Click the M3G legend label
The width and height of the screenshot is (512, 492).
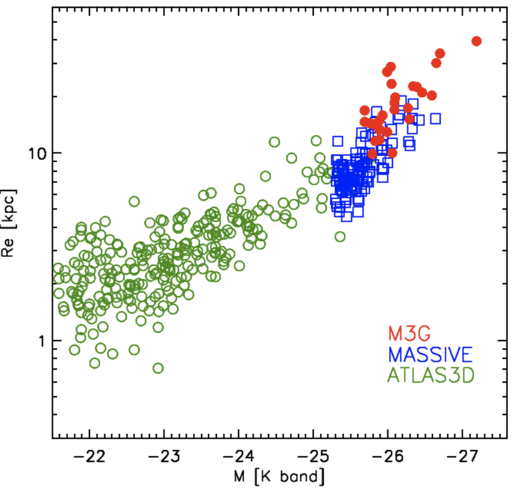coord(406,334)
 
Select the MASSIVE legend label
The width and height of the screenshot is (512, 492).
coord(430,355)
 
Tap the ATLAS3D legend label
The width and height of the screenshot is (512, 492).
coord(430,375)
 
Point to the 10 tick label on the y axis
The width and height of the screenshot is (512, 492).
coord(36,154)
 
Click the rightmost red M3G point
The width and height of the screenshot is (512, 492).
coord(476,41)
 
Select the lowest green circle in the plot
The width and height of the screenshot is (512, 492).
coord(158,368)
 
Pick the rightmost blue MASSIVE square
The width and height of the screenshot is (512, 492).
coord(435,118)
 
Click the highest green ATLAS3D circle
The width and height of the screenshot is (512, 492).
coord(274,142)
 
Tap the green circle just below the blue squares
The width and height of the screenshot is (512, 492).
coord(340,236)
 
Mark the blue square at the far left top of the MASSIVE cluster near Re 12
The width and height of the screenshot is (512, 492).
coord(338,141)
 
